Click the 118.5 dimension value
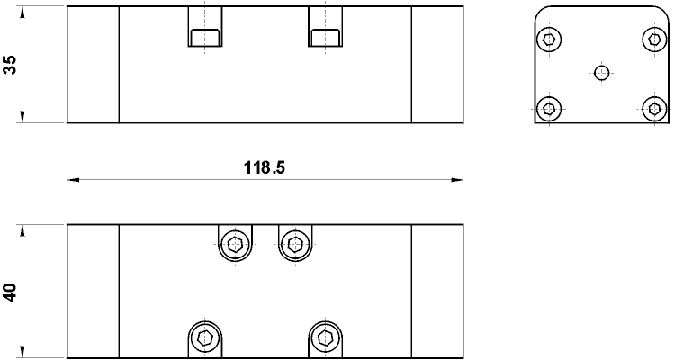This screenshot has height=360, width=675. (265, 167)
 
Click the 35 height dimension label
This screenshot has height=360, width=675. (10, 65)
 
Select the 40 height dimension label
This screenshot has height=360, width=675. (10, 292)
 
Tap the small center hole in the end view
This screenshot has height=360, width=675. (602, 73)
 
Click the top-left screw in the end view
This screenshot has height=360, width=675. (549, 39)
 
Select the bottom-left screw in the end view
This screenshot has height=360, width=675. (549, 109)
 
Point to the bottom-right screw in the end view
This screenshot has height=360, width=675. (654, 109)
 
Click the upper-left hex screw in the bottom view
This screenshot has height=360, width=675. (236, 243)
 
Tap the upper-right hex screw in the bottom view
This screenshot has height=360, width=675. (294, 243)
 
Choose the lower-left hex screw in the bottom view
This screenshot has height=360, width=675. (206, 338)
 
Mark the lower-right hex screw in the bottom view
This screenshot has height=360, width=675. (324, 338)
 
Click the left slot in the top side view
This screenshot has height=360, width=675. (204, 36)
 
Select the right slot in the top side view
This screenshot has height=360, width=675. (324, 36)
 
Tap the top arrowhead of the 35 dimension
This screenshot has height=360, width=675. (22, 12)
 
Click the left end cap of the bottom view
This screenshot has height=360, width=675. (93, 292)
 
